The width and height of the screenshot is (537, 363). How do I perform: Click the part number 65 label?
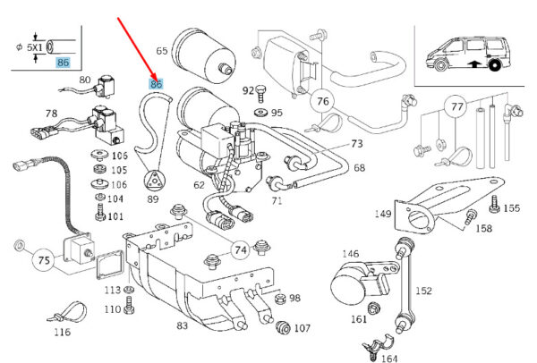tap(162, 51)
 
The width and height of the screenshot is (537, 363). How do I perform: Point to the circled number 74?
tap(240, 250)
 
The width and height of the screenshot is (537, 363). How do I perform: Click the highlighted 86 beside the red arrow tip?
tap(158, 85)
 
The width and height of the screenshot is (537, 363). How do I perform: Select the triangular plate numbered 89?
tap(156, 179)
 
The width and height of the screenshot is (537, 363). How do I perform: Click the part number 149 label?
tap(383, 214)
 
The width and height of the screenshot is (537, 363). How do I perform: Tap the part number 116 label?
tap(61, 333)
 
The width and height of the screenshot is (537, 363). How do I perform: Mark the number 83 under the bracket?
tap(183, 325)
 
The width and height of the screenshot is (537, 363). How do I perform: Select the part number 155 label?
tap(511, 208)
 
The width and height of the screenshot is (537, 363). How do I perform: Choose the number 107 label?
tap(302, 327)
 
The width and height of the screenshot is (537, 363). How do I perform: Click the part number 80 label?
tap(85, 80)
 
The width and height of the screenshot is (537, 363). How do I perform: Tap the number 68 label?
tap(360, 168)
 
